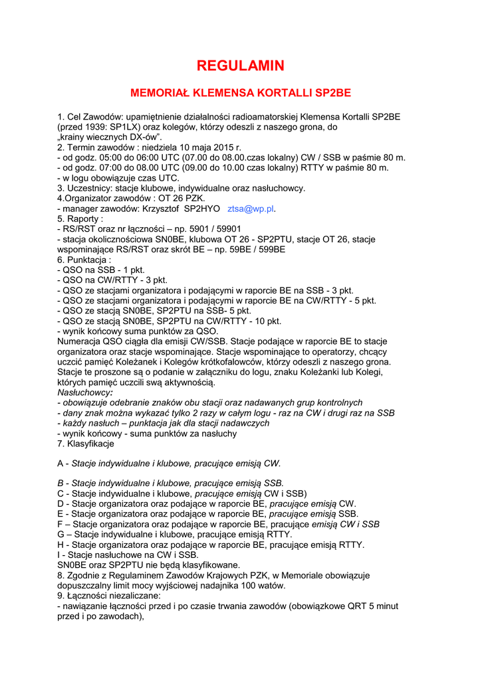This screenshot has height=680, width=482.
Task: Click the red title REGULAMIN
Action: coord(241,65)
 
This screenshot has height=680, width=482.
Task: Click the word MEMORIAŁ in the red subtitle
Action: coord(160,92)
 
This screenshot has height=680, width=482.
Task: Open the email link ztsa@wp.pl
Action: coord(251,209)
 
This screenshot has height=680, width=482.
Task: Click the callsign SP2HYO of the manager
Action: coord(201,209)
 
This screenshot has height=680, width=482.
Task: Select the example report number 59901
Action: coord(218,229)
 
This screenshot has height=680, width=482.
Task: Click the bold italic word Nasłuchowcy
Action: coord(83,392)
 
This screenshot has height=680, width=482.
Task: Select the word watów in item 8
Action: coord(270,585)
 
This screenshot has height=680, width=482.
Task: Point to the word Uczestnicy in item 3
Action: coord(90,188)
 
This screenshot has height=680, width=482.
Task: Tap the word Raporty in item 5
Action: coord(84,218)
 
